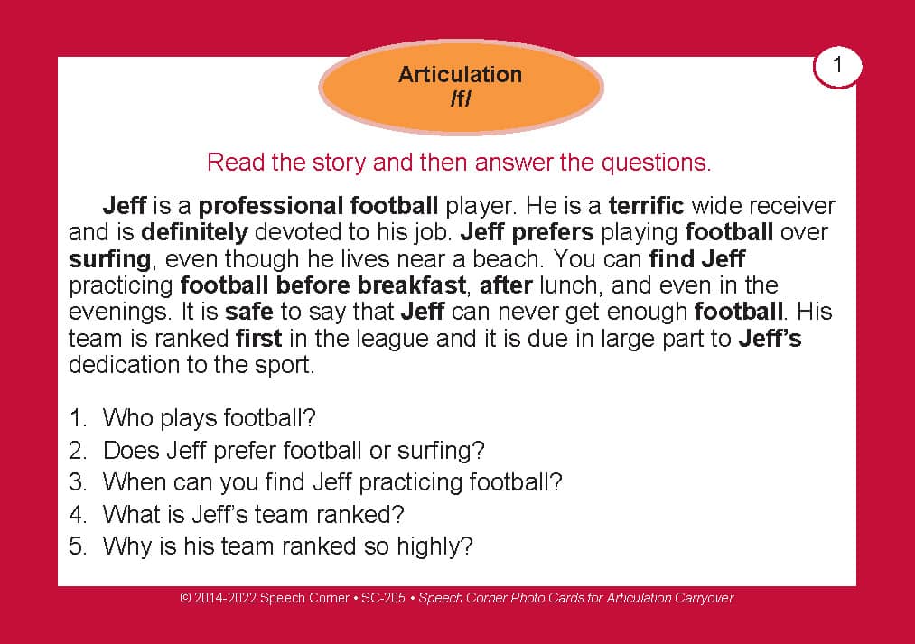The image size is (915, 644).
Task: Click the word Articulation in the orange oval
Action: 460,75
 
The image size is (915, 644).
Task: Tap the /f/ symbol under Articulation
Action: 461,98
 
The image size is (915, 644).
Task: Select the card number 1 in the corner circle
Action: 837,65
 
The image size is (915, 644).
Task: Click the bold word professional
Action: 270,207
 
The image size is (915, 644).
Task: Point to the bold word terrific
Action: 646,206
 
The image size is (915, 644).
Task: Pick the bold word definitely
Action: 194,233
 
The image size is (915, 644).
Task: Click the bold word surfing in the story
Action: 110,259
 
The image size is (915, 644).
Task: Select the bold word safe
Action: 249,313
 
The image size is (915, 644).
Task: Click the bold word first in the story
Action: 258,339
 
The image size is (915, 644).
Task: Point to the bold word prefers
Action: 552,233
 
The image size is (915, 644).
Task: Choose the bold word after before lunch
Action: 506,285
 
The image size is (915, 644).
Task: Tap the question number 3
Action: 78,482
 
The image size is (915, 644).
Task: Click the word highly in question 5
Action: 434,547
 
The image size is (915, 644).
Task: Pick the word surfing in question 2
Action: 441,451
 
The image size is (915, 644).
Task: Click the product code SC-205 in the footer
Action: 383,598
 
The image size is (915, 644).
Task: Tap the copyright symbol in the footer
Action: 185,598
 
